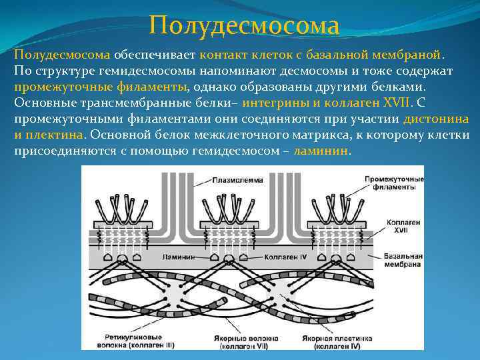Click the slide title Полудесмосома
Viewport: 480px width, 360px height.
[244, 26]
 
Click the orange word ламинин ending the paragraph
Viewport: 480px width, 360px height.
[321, 151]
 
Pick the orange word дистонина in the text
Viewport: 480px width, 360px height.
[436, 119]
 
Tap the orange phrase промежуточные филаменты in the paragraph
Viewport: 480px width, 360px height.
[100, 87]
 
